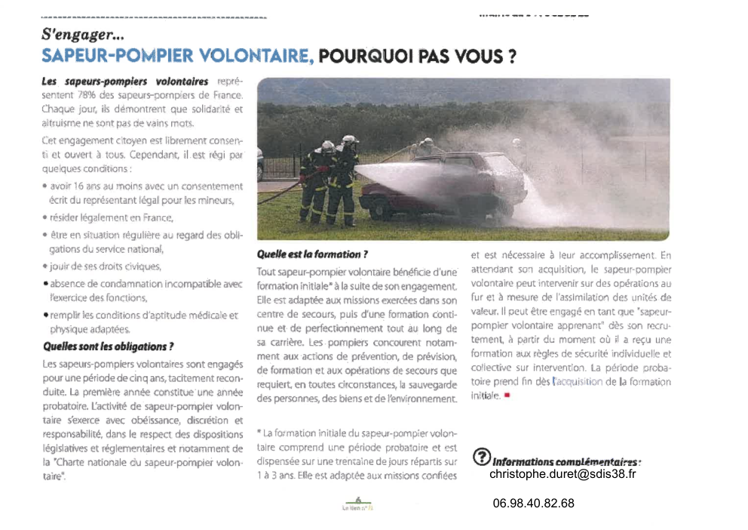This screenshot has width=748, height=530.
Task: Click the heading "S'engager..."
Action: [83, 34]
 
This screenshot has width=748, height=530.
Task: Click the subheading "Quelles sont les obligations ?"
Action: [108, 347]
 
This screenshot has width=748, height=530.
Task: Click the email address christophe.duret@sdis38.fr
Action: [563, 474]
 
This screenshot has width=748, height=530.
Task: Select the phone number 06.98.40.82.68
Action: [533, 503]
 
